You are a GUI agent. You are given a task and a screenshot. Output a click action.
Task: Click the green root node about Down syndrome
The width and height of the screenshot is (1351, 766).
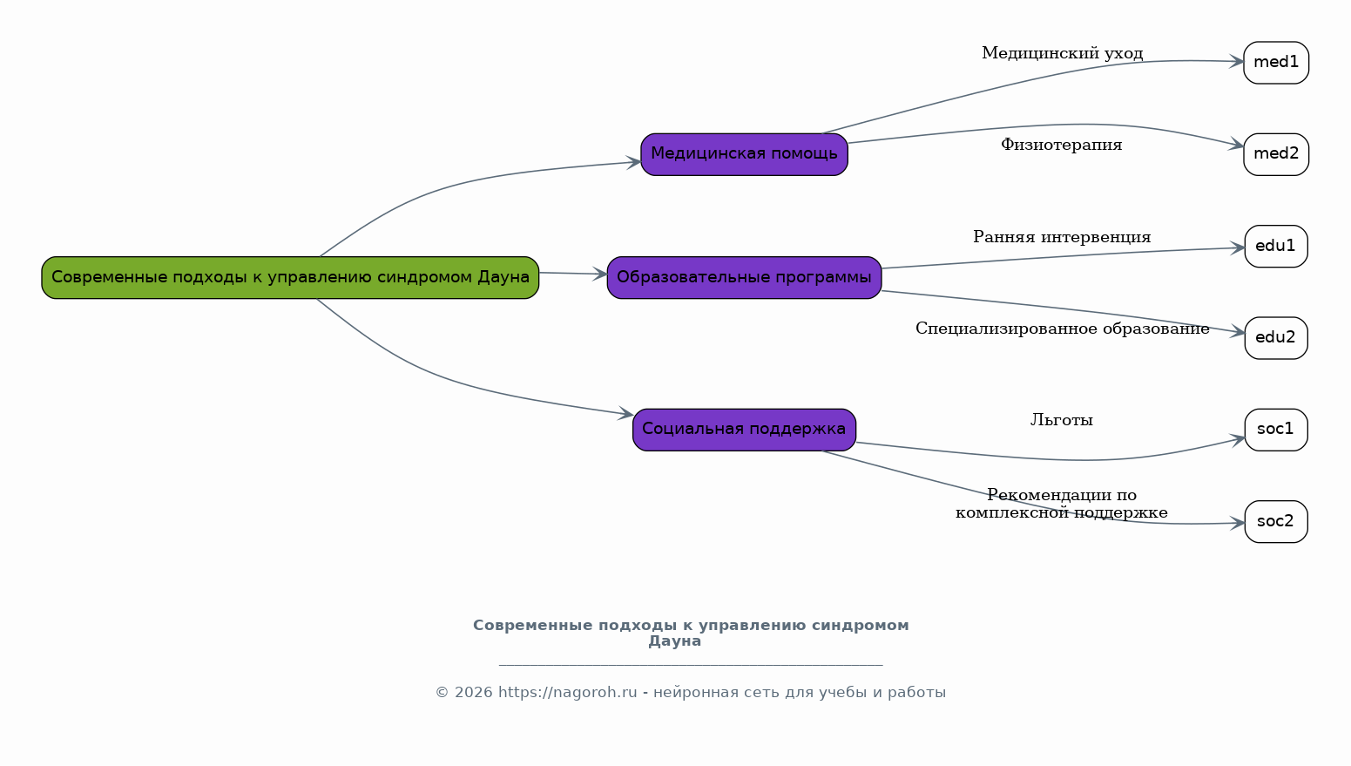(290, 277)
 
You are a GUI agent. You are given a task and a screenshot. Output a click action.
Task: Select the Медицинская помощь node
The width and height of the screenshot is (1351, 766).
(744, 154)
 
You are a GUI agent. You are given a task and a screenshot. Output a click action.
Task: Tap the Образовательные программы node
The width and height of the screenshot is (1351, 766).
(744, 277)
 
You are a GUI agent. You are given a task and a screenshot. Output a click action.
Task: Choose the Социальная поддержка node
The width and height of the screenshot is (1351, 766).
(744, 430)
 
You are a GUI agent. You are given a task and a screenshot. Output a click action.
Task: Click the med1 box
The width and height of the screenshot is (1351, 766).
(1276, 63)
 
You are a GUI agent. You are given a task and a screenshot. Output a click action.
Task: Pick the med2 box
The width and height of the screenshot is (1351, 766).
(1276, 154)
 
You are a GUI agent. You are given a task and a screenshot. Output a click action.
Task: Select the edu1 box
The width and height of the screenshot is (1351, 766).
(1276, 247)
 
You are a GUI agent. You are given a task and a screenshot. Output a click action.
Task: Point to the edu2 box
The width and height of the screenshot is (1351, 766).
(1276, 338)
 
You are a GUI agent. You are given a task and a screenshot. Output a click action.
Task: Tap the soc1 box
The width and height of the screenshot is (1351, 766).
(1276, 430)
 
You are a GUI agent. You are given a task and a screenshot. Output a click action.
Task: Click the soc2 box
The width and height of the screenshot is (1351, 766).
(1276, 522)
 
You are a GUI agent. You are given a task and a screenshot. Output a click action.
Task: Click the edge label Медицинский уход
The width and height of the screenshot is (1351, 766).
(1062, 53)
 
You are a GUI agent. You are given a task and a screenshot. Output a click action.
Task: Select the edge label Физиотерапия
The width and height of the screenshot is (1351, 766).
(1061, 145)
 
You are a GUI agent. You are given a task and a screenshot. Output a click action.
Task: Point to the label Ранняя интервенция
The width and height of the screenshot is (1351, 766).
(1062, 237)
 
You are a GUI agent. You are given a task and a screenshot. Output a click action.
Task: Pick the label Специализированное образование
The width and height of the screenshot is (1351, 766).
(1062, 329)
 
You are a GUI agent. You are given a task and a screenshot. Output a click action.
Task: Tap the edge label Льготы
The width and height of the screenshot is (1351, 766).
(1061, 420)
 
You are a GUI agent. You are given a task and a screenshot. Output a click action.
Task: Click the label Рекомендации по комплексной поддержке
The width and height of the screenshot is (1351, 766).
(1061, 504)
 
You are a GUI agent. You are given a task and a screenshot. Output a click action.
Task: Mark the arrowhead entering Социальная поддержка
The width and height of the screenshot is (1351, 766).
(625, 414)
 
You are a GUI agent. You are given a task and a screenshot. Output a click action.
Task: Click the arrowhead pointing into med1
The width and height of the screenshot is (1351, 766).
(1236, 62)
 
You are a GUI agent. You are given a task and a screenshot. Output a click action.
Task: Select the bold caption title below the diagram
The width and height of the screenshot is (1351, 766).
(690, 633)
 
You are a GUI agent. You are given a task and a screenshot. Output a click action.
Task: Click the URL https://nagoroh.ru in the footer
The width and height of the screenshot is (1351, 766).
(567, 693)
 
